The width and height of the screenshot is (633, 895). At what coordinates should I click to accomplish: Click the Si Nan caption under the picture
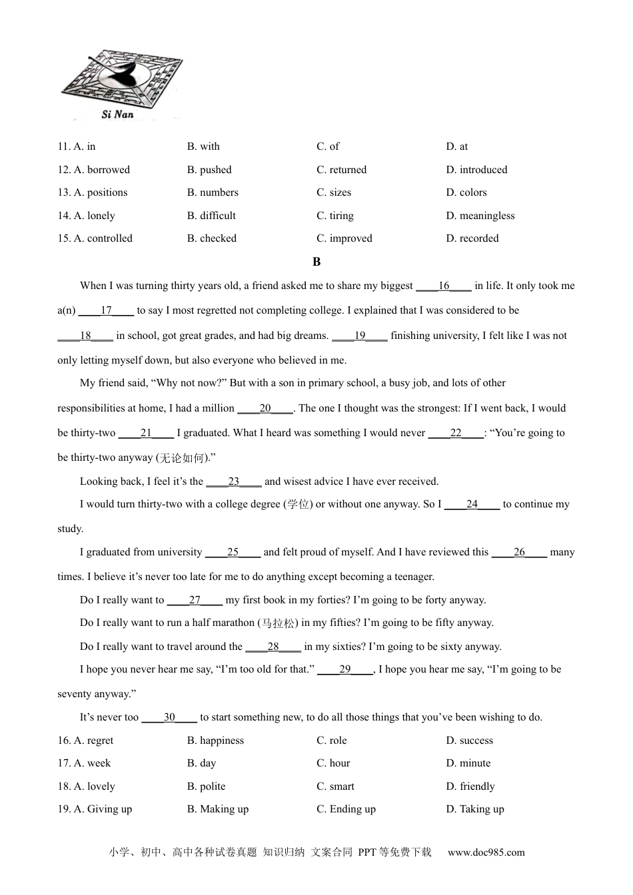(x=117, y=115)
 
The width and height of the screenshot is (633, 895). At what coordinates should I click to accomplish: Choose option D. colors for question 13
(x=466, y=192)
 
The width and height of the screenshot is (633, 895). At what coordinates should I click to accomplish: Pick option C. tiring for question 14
(x=335, y=216)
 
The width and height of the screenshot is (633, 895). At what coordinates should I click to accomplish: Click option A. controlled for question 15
(x=95, y=238)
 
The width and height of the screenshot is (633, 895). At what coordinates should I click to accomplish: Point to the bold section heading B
(x=316, y=262)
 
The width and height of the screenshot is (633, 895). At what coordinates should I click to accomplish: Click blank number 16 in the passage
(x=444, y=286)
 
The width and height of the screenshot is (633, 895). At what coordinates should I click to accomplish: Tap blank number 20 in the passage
(x=265, y=408)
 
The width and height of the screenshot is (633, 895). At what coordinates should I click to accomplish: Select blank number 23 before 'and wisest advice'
(x=234, y=481)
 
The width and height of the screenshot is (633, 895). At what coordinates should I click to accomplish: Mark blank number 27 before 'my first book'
(x=195, y=600)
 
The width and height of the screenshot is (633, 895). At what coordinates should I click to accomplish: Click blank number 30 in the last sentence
(x=169, y=717)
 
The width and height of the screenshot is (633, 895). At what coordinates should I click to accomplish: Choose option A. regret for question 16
(x=86, y=741)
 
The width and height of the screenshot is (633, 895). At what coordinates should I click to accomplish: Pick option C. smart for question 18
(x=335, y=786)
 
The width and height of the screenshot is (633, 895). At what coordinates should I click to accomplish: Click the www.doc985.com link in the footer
(x=486, y=852)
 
